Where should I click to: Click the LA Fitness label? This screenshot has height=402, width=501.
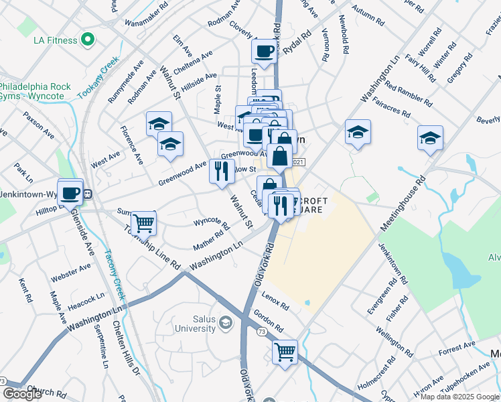[x=56, y=40]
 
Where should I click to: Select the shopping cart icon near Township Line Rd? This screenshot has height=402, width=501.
[x=143, y=222]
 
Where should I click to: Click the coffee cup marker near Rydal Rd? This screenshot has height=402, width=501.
[x=264, y=51]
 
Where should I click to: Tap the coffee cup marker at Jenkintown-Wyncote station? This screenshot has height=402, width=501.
[x=70, y=193]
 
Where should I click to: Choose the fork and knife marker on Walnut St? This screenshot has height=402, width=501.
[x=222, y=171]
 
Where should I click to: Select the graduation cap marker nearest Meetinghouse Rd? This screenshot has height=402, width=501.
[x=430, y=138]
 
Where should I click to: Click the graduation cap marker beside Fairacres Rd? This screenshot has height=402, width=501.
[x=358, y=133]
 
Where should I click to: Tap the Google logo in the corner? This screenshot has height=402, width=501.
[x=22, y=394]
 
